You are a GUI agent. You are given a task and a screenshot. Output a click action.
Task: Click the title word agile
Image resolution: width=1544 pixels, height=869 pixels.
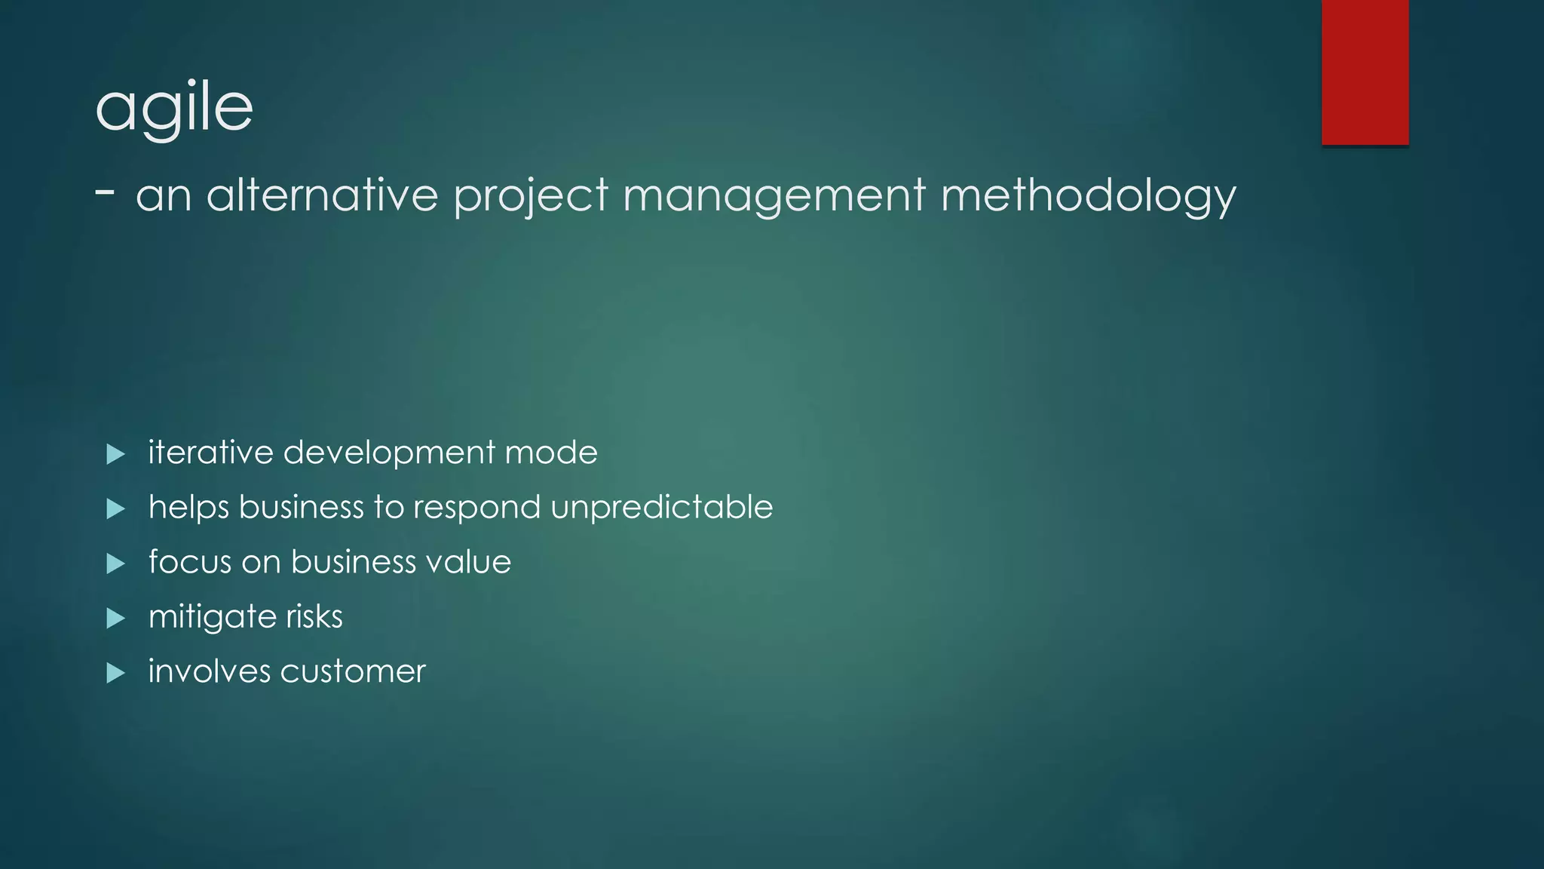174,108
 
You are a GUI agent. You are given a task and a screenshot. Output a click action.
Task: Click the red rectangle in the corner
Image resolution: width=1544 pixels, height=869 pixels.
1365,72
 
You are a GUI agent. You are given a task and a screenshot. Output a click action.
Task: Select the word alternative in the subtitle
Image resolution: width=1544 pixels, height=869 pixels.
322,195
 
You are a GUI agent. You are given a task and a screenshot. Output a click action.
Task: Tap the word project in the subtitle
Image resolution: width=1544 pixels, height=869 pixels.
531,195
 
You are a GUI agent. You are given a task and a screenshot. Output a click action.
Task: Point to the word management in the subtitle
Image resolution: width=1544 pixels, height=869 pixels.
774,195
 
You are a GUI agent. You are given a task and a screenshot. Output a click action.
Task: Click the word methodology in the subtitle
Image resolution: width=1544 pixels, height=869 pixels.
1089,195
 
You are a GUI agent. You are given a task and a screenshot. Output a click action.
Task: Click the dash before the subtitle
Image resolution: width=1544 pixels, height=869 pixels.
106,192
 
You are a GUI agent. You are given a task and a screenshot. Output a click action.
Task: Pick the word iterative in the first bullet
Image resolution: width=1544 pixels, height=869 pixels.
210,453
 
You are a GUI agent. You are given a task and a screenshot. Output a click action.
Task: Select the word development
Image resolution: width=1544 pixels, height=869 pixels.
389,453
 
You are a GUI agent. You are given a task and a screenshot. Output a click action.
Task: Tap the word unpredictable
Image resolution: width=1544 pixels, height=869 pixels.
662,507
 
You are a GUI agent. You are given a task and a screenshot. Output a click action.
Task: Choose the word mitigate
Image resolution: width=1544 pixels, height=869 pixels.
213,617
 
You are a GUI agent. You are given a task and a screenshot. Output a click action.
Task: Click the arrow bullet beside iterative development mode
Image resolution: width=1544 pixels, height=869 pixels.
115,454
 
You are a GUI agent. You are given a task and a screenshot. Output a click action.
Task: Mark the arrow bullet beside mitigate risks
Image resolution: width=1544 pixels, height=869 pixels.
115,619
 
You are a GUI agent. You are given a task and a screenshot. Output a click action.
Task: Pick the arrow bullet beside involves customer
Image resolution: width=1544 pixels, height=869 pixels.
115,673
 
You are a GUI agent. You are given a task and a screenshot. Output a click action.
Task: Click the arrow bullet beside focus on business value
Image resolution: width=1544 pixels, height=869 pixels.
115,563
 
